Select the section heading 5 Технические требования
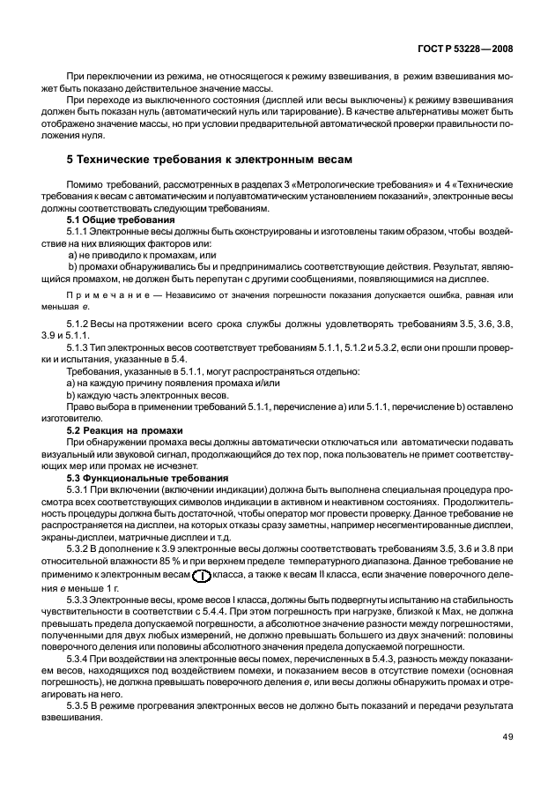(210, 160)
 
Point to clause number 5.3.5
(81, 707)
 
